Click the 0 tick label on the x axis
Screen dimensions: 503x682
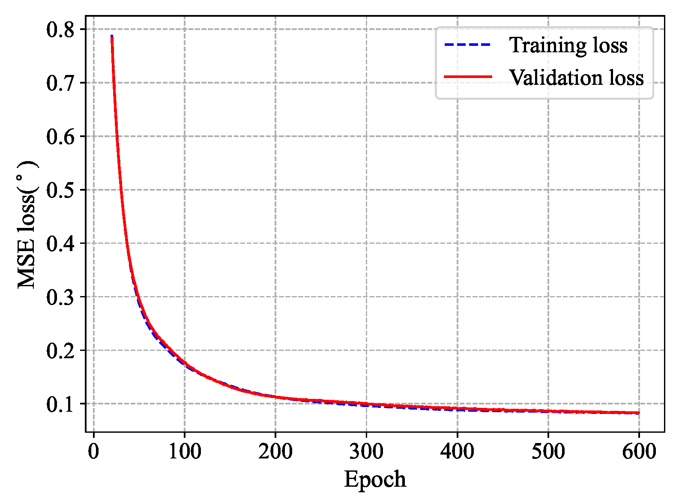pyautogui.click(x=94, y=451)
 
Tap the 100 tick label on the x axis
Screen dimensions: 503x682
pyautogui.click(x=185, y=451)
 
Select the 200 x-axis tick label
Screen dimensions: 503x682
pyautogui.click(x=275, y=451)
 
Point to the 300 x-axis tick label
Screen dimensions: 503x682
pyautogui.click(x=366, y=451)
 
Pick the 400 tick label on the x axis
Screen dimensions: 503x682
pyautogui.click(x=458, y=451)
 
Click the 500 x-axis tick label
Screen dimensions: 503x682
pyautogui.click(x=548, y=451)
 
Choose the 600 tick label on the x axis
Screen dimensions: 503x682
pyautogui.click(x=639, y=451)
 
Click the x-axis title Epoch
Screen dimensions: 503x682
pyautogui.click(x=375, y=479)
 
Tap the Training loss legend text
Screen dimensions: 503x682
pyautogui.click(x=568, y=45)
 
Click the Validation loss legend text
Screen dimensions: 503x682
pyautogui.click(x=576, y=78)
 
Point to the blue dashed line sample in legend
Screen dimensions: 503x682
pyautogui.click(x=468, y=45)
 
